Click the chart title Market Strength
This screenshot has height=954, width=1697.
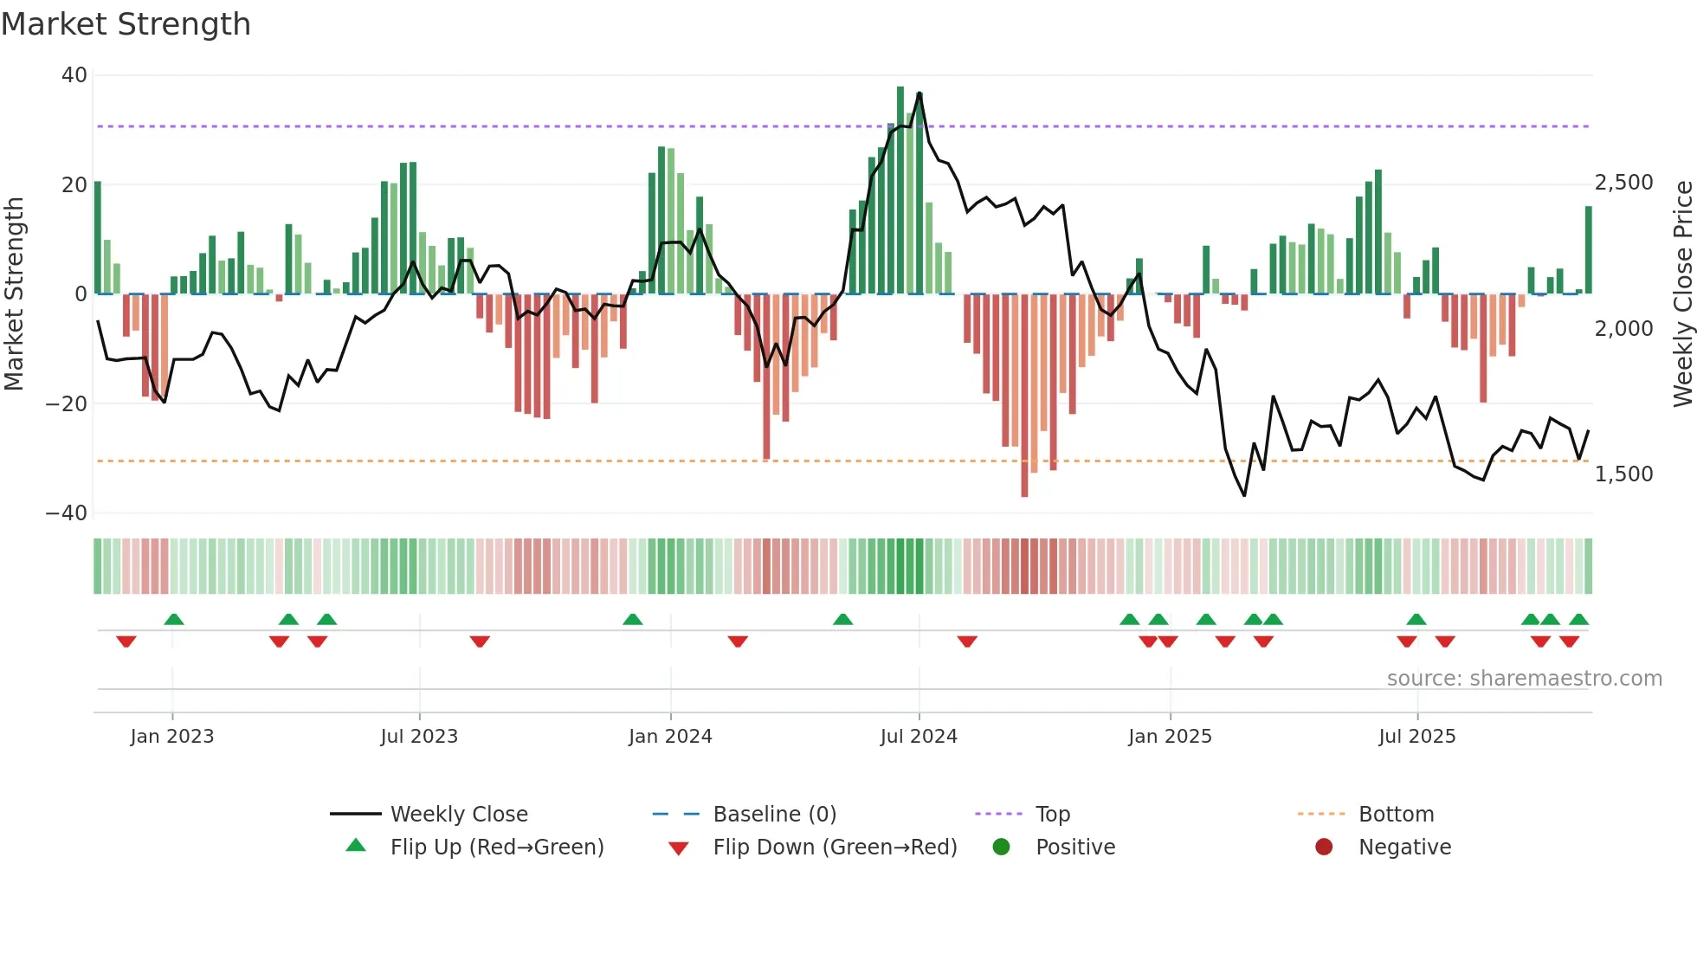click(x=126, y=24)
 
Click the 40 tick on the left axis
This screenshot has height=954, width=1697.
click(x=74, y=75)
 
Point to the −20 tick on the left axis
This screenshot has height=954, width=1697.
click(x=67, y=403)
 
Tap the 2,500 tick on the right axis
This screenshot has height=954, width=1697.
click(x=1623, y=183)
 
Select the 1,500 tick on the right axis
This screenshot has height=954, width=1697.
click(x=1623, y=474)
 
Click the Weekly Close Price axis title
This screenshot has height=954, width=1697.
click(x=1682, y=293)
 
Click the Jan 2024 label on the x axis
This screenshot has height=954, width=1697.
click(x=670, y=737)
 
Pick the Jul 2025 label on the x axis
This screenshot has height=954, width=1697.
click(x=1416, y=737)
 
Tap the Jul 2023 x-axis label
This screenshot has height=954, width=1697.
click(x=419, y=737)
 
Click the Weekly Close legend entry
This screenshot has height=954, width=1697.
click(x=459, y=815)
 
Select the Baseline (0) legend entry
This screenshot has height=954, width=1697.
click(x=774, y=815)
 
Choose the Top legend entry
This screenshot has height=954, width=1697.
click(x=1053, y=815)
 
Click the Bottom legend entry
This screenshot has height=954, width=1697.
click(x=1396, y=815)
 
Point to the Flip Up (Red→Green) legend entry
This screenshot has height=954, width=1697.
click(x=496, y=848)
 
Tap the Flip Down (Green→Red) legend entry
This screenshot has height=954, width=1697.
click(x=835, y=848)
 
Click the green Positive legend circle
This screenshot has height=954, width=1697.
click(x=1002, y=848)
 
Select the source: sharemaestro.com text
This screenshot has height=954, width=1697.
click(x=1524, y=679)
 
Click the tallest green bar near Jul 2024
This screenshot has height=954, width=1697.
click(x=900, y=190)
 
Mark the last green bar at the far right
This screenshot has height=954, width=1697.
click(x=1589, y=251)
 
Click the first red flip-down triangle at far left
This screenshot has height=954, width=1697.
click(x=126, y=641)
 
